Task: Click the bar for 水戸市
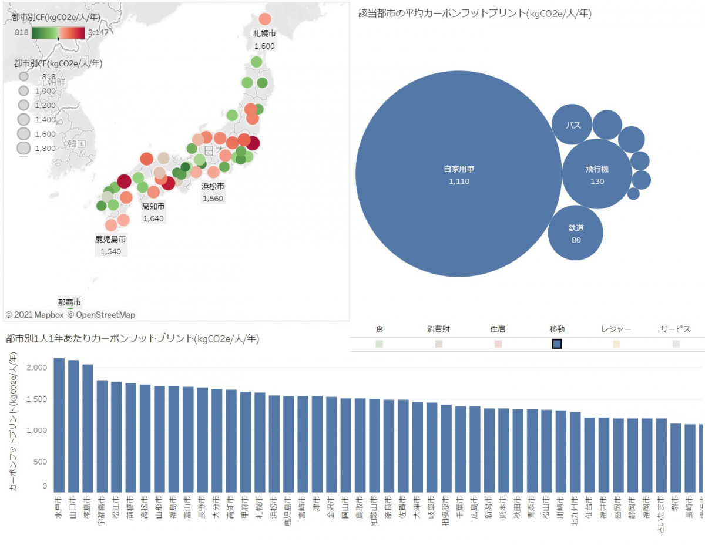[59, 425]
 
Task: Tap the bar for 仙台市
[589, 455]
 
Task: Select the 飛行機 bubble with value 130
[597, 174]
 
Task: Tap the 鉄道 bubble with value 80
[576, 233]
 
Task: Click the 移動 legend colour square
[558, 344]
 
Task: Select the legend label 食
[379, 329]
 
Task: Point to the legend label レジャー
[616, 329]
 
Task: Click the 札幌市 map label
[264, 33]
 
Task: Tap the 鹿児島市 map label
[110, 240]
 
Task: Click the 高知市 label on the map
[153, 207]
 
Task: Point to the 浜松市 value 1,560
[213, 199]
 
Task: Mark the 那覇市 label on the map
[69, 302]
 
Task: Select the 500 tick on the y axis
[39, 462]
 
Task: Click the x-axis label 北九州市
[575, 510]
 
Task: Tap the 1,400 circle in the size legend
[24, 119]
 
